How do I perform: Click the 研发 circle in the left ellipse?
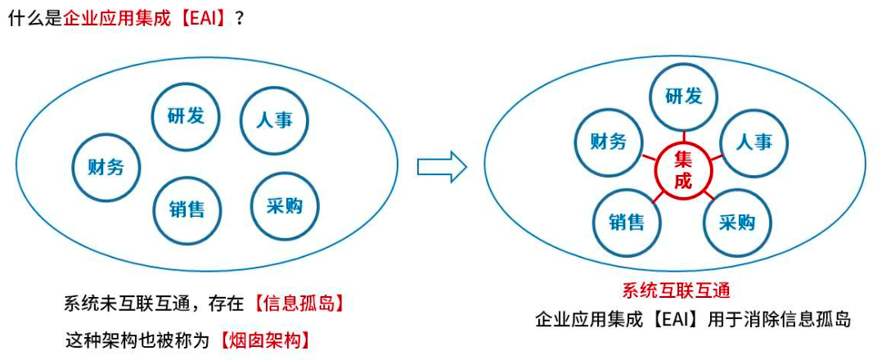coord(186,115)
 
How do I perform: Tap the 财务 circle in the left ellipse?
coord(106,167)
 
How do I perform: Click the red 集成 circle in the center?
coord(683,170)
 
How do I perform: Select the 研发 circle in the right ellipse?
coord(683,97)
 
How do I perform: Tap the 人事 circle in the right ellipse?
coord(753,142)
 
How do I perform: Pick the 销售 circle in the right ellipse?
coord(626,222)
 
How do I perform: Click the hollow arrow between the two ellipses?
coord(442,167)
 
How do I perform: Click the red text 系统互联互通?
coord(676,290)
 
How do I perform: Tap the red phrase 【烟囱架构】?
coord(265,339)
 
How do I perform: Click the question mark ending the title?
coord(240,18)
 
